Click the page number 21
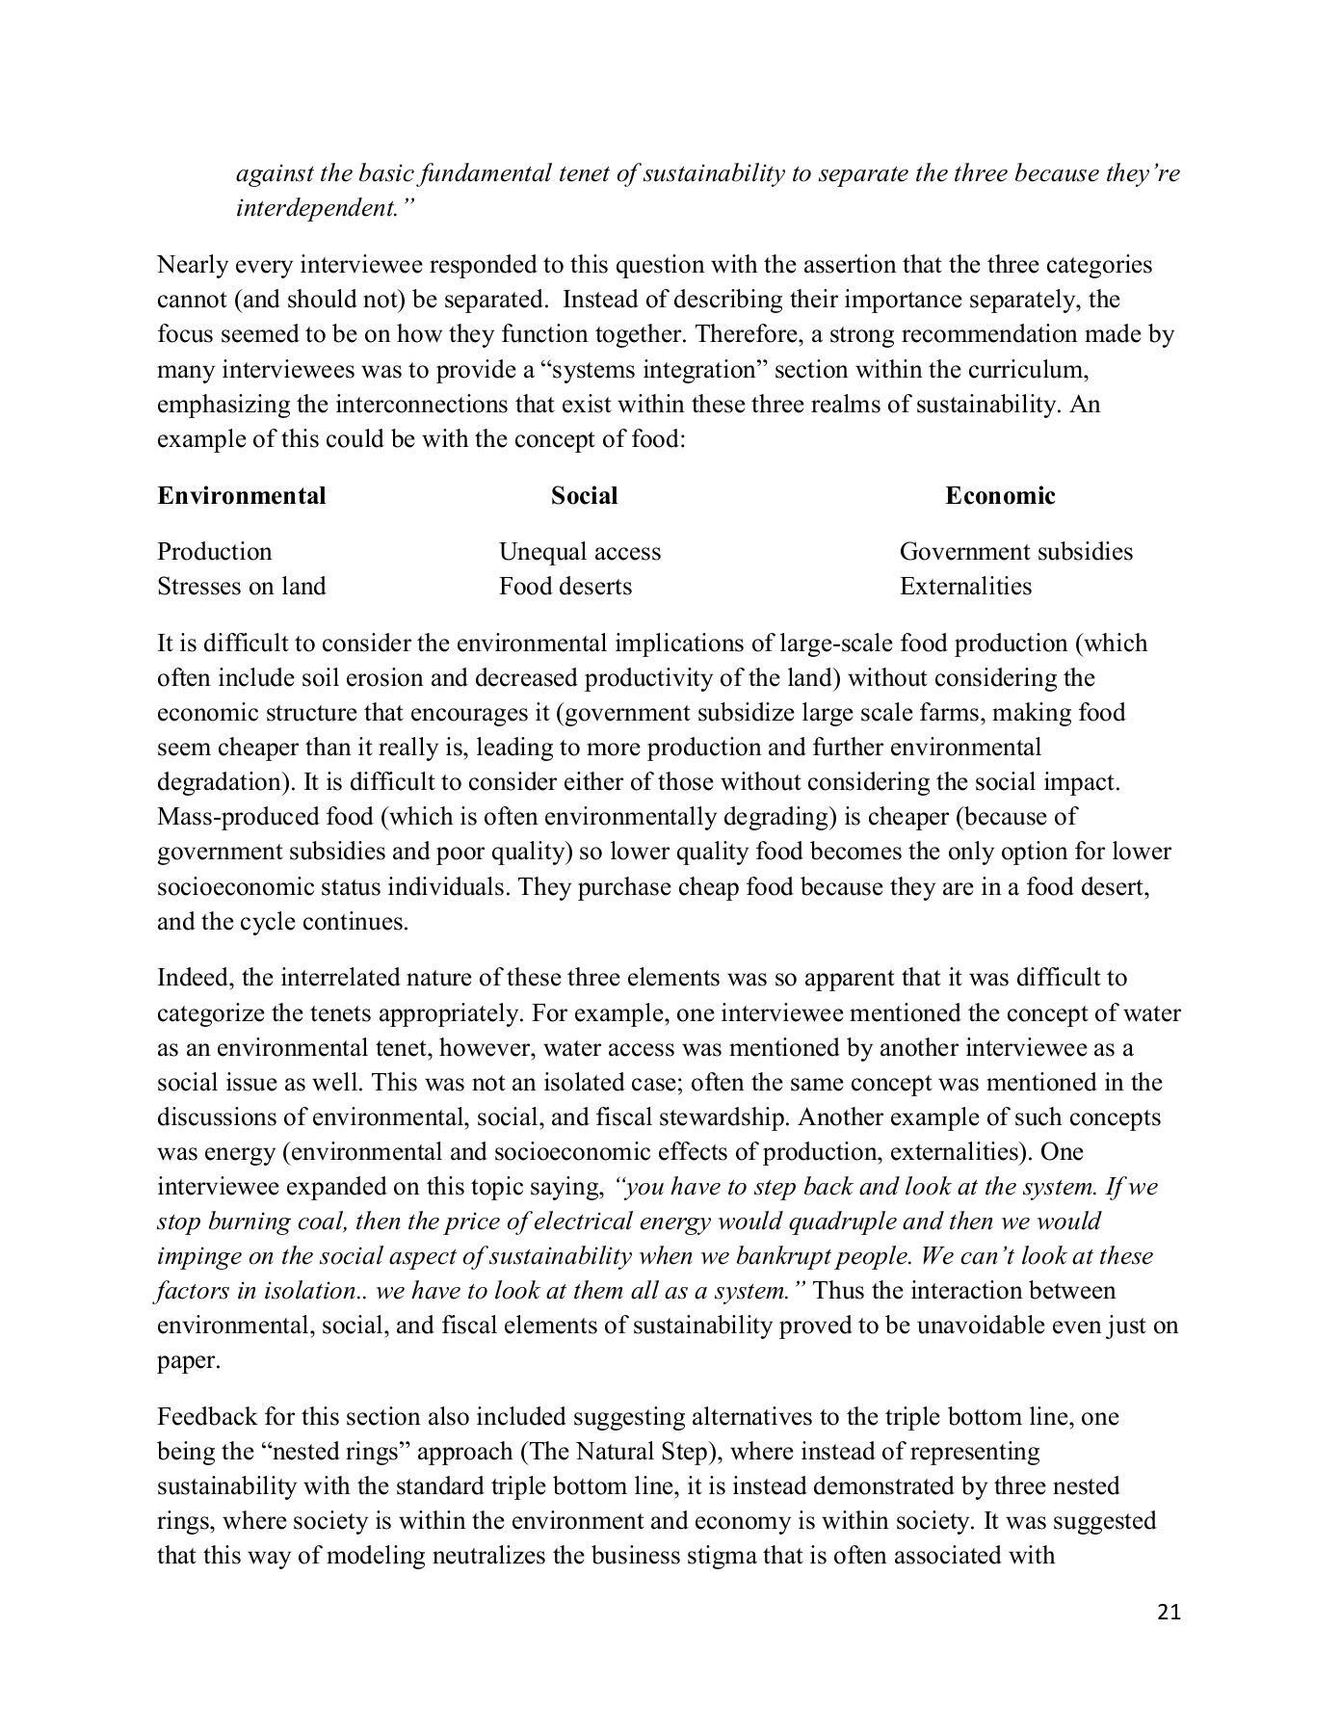(1168, 1612)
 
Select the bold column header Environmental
(241, 496)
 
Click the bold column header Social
(584, 496)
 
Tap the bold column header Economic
(1000, 496)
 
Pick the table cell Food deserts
(565, 587)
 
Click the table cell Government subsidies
(1015, 552)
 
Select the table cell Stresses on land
(241, 587)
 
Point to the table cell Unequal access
(579, 552)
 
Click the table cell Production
(214, 552)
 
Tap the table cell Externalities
(964, 587)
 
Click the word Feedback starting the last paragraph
(200, 1417)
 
